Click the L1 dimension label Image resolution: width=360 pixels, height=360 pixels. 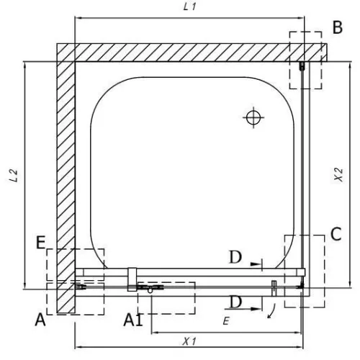point(189,6)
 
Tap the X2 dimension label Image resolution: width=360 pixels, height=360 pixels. point(338,175)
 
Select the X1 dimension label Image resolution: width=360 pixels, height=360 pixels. point(189,341)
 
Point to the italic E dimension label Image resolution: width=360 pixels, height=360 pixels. point(226,321)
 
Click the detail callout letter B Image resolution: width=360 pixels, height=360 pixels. point(338,27)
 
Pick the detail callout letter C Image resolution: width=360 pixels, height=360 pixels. point(336,234)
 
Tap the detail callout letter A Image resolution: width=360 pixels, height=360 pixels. point(40,320)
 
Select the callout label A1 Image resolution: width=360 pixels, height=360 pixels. point(133,320)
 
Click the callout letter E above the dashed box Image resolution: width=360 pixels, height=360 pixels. point(41,243)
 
